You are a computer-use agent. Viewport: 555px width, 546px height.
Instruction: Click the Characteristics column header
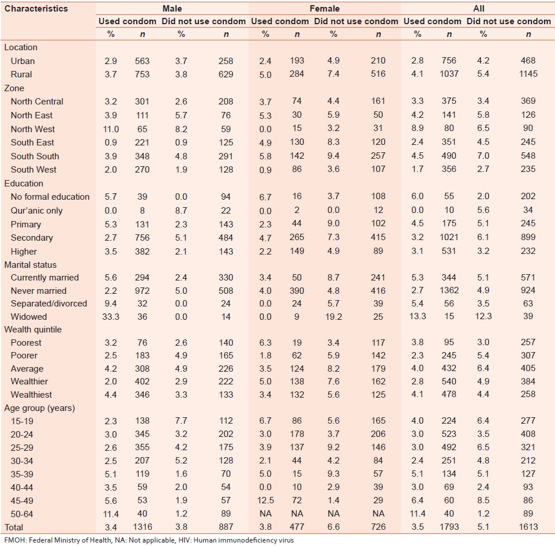tap(36, 9)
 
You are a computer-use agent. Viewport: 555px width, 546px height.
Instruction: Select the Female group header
tap(324, 9)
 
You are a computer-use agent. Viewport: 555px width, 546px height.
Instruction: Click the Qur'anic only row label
tap(36, 211)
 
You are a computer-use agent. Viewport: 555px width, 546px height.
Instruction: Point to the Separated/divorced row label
tap(49, 304)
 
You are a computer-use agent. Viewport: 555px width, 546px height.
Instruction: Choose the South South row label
tap(35, 156)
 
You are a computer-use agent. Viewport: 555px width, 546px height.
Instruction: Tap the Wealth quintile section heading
tap(33, 330)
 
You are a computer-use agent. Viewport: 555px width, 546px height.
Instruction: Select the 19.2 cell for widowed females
tap(333, 317)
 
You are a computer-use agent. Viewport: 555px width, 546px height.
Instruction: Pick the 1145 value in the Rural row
tap(527, 74)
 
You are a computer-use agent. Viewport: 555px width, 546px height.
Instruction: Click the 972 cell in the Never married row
tap(142, 291)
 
